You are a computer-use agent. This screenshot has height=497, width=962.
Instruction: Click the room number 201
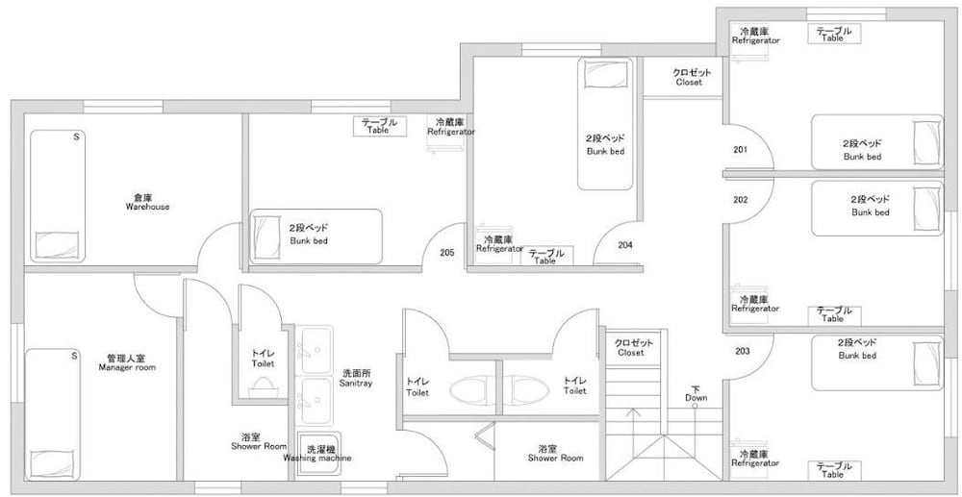click(741, 150)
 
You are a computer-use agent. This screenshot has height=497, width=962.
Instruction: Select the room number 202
click(741, 200)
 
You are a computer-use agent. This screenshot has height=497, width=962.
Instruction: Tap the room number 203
click(743, 351)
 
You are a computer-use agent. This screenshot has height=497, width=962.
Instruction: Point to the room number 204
click(625, 245)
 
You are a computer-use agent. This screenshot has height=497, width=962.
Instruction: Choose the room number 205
click(448, 252)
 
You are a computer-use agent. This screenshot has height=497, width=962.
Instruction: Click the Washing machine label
click(317, 458)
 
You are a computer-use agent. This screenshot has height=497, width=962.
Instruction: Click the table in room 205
click(380, 126)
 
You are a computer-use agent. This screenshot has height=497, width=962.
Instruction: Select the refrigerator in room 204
click(490, 244)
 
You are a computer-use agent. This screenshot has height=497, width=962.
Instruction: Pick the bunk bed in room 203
click(877, 362)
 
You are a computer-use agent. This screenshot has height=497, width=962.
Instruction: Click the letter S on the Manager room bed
click(74, 356)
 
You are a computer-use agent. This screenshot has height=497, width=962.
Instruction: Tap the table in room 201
click(834, 34)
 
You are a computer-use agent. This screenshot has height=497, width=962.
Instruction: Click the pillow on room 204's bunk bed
click(605, 73)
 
